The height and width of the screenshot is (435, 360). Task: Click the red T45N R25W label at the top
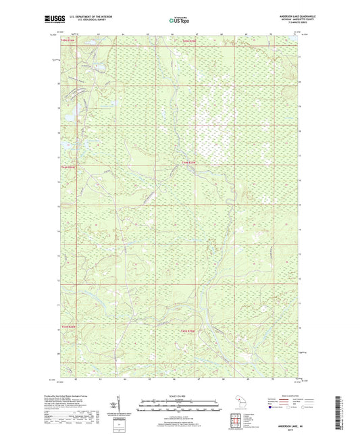pos(188,42)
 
